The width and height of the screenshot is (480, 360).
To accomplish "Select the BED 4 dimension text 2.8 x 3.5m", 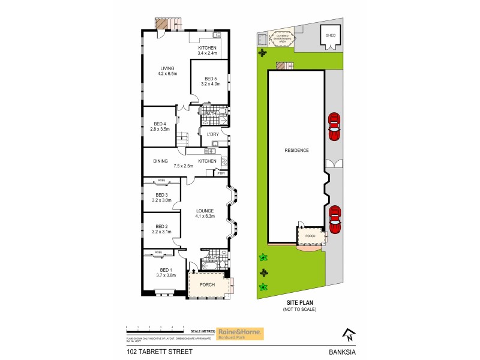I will pyautogui.click(x=160, y=129).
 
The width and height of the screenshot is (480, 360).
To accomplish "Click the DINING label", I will pyautogui.click(x=160, y=161).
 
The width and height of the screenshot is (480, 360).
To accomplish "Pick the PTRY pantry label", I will pyautogui.click(x=221, y=173).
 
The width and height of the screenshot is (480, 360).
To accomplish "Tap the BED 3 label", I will pyautogui.click(x=161, y=195).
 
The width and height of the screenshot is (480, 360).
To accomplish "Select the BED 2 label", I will pyautogui.click(x=161, y=226).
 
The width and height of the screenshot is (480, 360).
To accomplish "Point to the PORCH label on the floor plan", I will pyautogui.click(x=207, y=284).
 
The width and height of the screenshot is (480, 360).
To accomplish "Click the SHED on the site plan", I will pyautogui.click(x=331, y=35).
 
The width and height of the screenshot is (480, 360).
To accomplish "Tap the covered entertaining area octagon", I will pyautogui.click(x=282, y=38).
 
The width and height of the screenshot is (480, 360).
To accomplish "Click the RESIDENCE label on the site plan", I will pyautogui.click(x=296, y=151).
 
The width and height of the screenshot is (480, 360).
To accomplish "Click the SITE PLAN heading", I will pyautogui.click(x=299, y=303).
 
